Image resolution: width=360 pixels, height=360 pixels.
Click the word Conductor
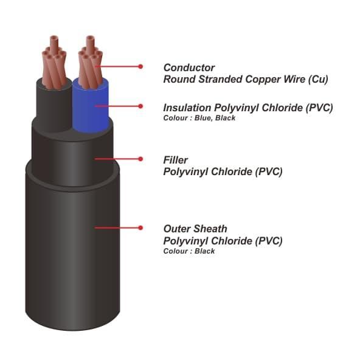point(189,67)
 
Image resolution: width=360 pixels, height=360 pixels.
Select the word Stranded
point(220,79)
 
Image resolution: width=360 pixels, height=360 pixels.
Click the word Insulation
point(187,108)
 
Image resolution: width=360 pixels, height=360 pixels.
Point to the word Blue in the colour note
point(203,118)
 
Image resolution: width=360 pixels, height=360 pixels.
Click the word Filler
point(175,160)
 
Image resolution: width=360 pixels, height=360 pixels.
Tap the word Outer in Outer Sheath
point(177,229)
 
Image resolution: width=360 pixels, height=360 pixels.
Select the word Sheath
point(210,229)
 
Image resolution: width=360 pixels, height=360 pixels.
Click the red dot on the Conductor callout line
point(140,66)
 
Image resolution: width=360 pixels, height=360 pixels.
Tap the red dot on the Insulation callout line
point(140,106)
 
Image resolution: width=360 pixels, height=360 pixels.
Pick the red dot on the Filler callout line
point(140,159)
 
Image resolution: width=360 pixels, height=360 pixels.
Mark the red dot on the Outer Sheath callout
point(140,228)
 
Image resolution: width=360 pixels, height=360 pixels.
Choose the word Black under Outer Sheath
point(204,251)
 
